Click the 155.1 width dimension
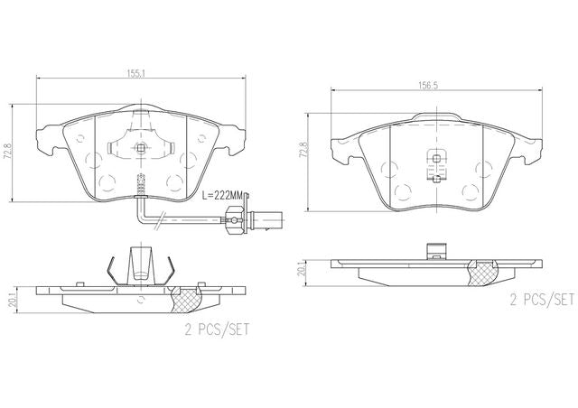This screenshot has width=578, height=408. pos(136,73)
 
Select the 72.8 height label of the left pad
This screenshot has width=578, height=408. pos(7,151)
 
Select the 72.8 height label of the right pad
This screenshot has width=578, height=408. pos(304,150)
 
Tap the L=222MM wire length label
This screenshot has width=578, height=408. pos(223,196)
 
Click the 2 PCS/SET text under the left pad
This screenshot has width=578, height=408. pos(217,329)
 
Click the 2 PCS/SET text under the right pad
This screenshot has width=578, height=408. pos(542,300)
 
